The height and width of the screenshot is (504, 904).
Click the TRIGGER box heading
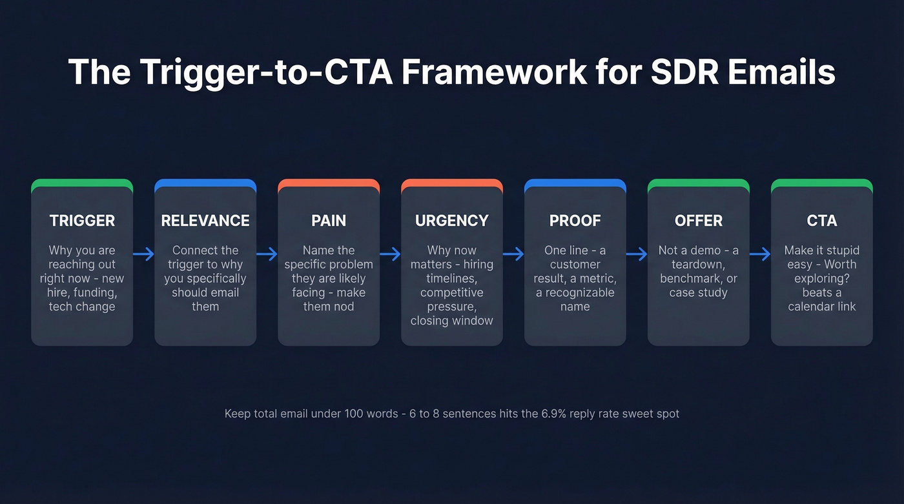tap(82, 221)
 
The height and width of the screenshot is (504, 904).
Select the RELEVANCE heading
tap(205, 221)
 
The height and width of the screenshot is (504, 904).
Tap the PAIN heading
tap(329, 221)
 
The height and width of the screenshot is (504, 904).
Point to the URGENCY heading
tap(451, 221)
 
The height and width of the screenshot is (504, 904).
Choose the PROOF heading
tap(575, 221)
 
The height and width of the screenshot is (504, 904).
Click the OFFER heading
tap(698, 221)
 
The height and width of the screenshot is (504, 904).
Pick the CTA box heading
tap(821, 221)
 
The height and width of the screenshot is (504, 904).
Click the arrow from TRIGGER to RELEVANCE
tap(143, 254)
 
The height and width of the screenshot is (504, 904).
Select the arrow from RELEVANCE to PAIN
tap(267, 254)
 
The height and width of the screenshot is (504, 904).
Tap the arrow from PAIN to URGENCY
tap(390, 254)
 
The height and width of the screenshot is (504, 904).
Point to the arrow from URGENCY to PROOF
tap(513, 254)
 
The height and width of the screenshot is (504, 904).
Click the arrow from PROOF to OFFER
tap(637, 254)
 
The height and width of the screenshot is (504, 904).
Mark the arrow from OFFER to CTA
tap(760, 254)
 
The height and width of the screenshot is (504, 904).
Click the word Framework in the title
tap(493, 72)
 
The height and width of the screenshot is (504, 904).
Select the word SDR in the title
tap(681, 72)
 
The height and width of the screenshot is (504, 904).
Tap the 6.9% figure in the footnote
tap(553, 414)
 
